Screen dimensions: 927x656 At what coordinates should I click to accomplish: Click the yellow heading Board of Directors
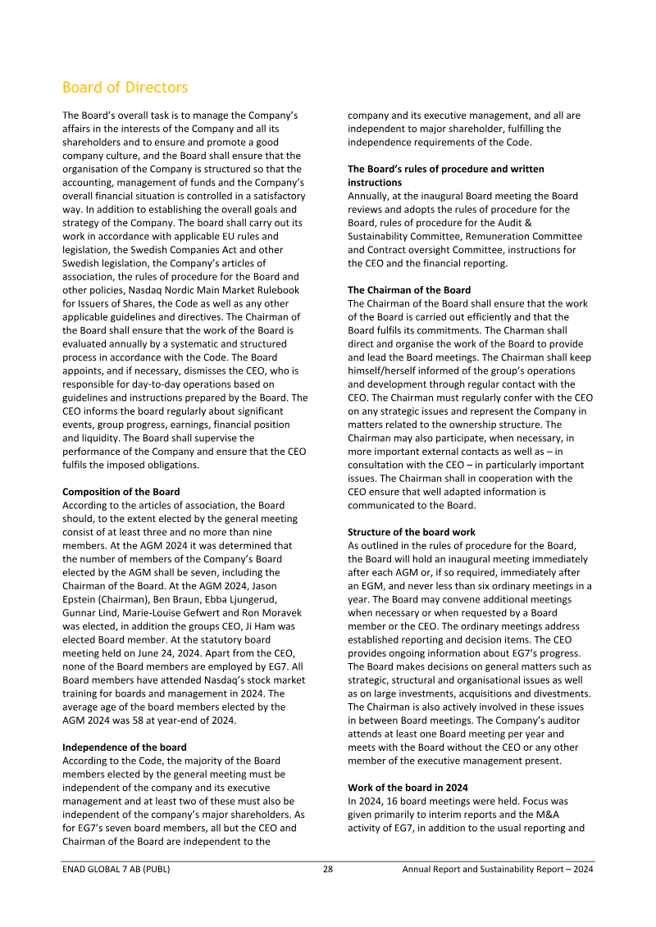[125, 88]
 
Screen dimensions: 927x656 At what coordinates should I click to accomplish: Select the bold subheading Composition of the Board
[121, 492]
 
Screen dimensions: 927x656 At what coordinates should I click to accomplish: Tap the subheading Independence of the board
[124, 748]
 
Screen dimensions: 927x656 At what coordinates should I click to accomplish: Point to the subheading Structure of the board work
[411, 532]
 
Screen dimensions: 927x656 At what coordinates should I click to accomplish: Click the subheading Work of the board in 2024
[408, 788]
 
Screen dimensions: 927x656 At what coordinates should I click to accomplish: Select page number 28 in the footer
[327, 870]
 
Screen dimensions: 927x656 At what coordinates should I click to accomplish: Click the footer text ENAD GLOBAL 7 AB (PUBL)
[116, 870]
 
